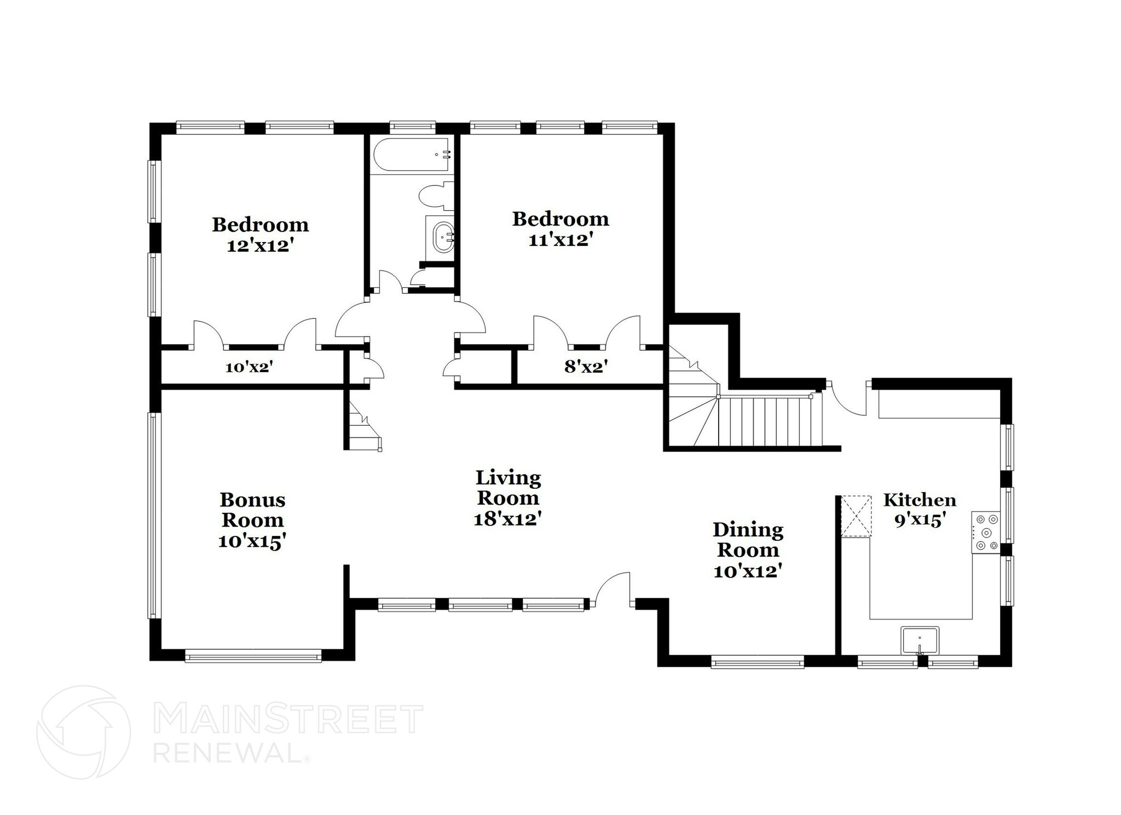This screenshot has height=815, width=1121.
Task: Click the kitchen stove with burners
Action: (x=986, y=531)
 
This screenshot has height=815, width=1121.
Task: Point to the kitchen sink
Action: (x=920, y=641)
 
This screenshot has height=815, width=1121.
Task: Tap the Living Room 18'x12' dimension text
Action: (x=507, y=519)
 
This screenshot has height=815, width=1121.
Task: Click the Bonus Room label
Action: (x=252, y=510)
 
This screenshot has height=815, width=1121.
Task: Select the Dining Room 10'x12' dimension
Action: (x=747, y=571)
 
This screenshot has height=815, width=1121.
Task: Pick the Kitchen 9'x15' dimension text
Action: (x=920, y=520)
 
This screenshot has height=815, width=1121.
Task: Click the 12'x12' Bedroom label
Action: (x=260, y=234)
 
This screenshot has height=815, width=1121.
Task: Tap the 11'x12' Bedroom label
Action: (x=560, y=229)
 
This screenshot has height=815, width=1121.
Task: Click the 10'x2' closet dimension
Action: (x=249, y=368)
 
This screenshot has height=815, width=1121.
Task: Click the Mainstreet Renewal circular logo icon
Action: (x=83, y=732)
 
